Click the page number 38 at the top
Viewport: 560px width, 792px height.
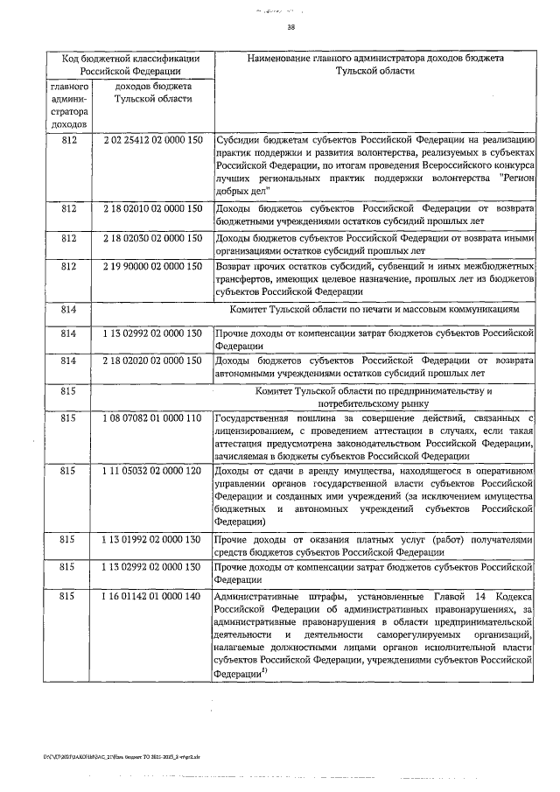(291, 28)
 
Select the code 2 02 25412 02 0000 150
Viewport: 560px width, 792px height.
(152, 139)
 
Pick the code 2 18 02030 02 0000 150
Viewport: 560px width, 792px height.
(152, 238)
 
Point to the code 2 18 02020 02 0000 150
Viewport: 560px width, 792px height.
(152, 360)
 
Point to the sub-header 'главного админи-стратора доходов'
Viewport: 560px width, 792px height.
(68, 107)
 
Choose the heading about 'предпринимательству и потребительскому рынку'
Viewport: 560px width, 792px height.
(374, 396)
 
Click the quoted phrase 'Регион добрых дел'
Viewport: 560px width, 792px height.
(254, 189)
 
